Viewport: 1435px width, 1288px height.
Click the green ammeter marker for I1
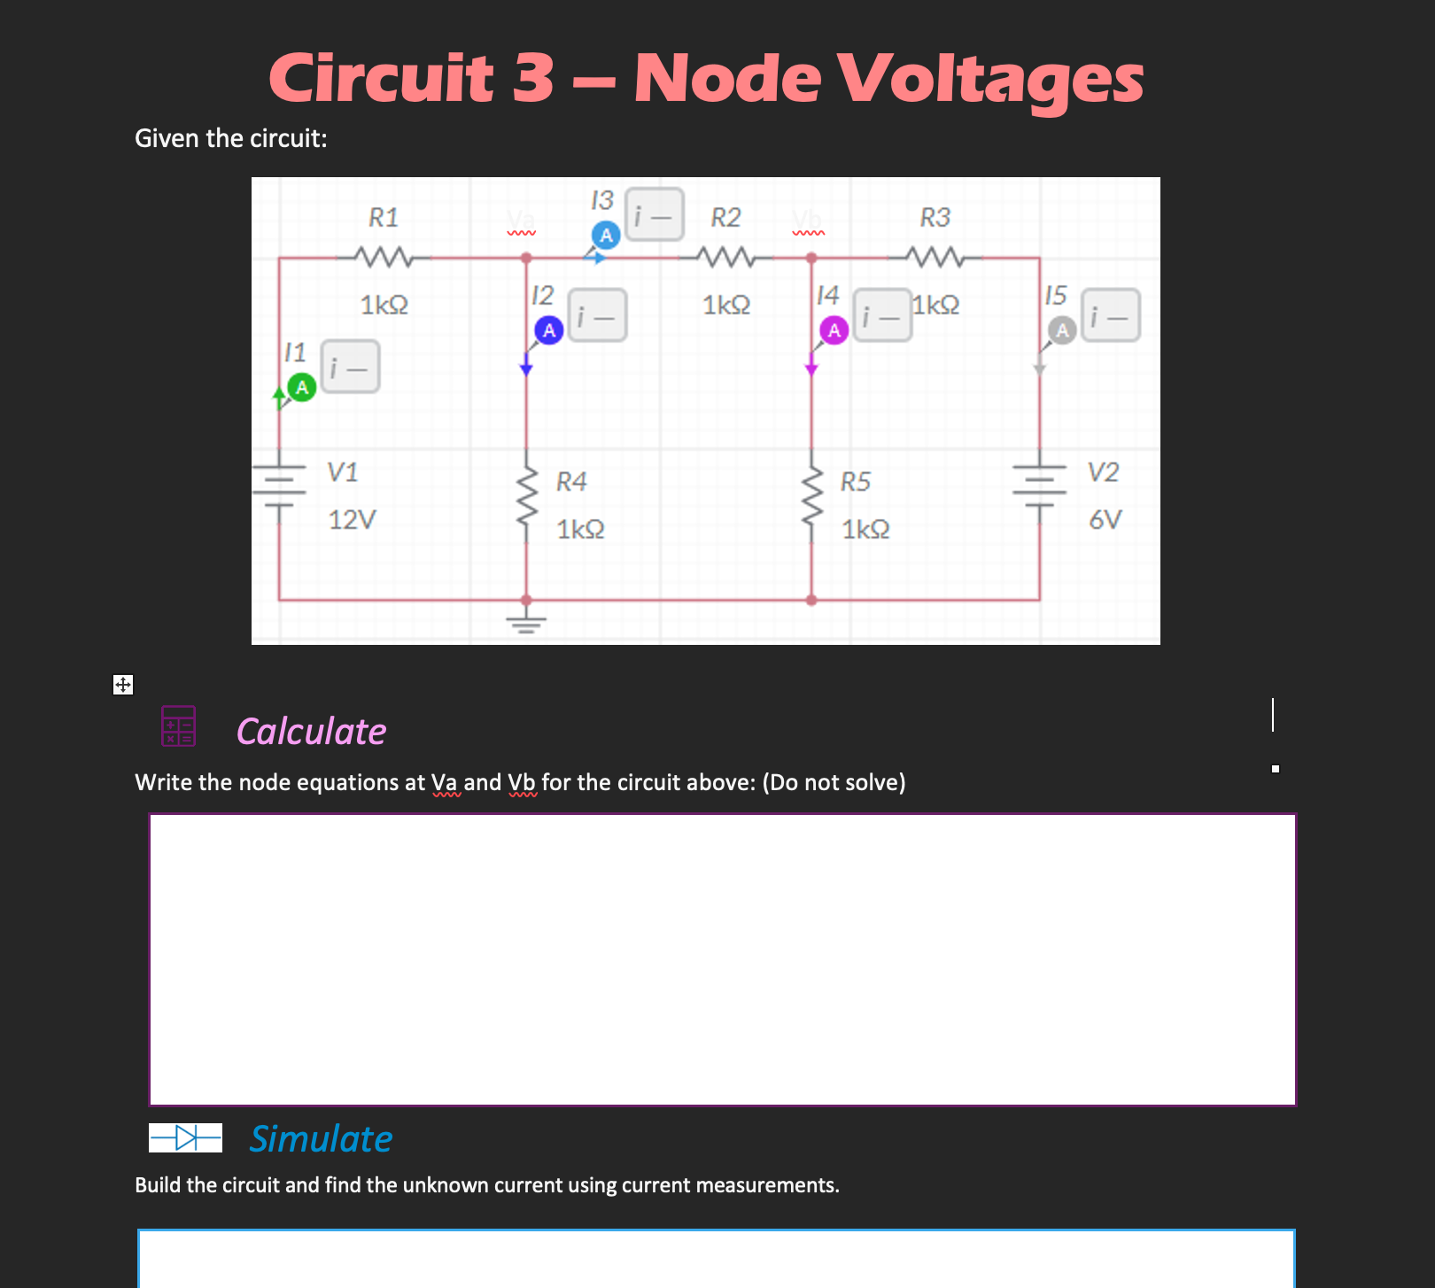coord(302,388)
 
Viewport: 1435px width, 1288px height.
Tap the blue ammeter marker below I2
coord(549,330)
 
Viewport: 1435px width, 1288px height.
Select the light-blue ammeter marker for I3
coord(606,235)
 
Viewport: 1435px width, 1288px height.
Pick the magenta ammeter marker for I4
coord(834,330)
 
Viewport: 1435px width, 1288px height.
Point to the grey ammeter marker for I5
coord(1062,330)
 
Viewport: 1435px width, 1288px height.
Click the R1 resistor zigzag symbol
coord(384,258)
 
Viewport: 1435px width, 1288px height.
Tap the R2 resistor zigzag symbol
coord(725,258)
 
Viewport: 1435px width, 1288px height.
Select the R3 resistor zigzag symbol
coord(935,258)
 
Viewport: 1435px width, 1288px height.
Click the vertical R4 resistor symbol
coord(527,500)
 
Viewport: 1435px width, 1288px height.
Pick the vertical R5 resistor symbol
coord(811,500)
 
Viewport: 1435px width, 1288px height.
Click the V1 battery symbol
coord(280,486)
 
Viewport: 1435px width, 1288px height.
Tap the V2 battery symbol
coord(1040,486)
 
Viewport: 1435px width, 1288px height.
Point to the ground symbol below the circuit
coord(527,624)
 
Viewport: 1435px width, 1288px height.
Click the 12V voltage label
coord(353,520)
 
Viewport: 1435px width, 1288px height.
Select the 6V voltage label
coord(1105,520)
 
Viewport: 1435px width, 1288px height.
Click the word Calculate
coord(311,732)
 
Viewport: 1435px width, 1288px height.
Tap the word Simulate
coord(321,1139)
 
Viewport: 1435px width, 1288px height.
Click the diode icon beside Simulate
coord(185,1137)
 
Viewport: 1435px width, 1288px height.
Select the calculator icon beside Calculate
coord(178,725)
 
